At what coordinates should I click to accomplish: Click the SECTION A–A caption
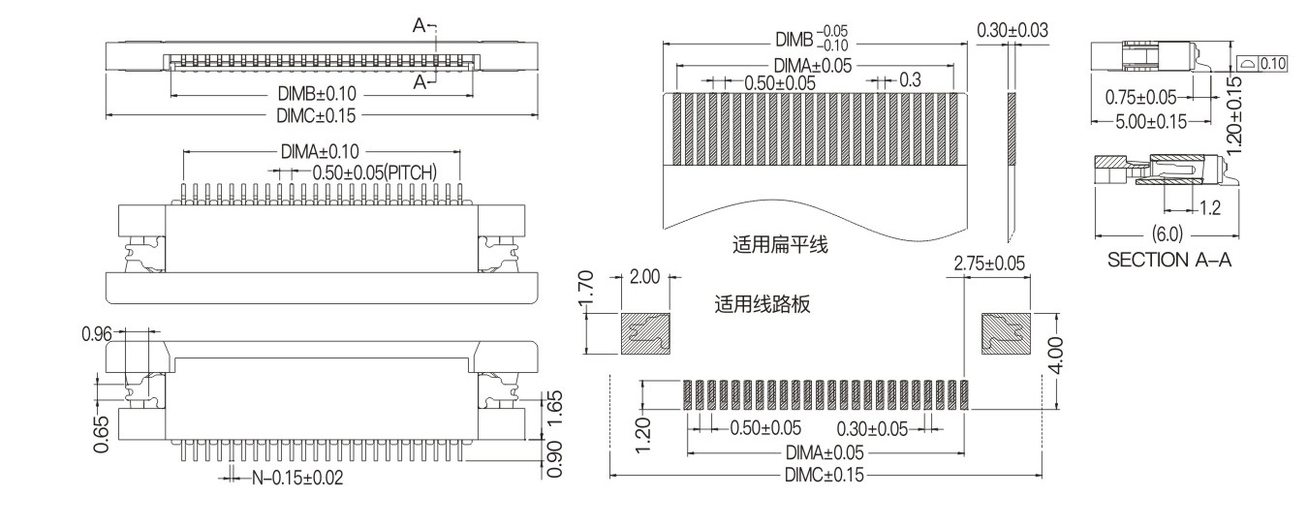click(x=1168, y=260)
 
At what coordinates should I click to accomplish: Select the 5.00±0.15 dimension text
click(x=1149, y=121)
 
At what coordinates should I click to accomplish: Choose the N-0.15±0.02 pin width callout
click(x=296, y=477)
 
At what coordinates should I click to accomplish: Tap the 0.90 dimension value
click(x=555, y=459)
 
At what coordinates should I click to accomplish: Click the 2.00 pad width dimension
click(x=643, y=276)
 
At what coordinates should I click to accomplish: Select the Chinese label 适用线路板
click(x=762, y=305)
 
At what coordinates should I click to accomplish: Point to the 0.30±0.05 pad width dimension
click(x=872, y=428)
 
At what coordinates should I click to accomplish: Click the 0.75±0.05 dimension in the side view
click(x=1140, y=97)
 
